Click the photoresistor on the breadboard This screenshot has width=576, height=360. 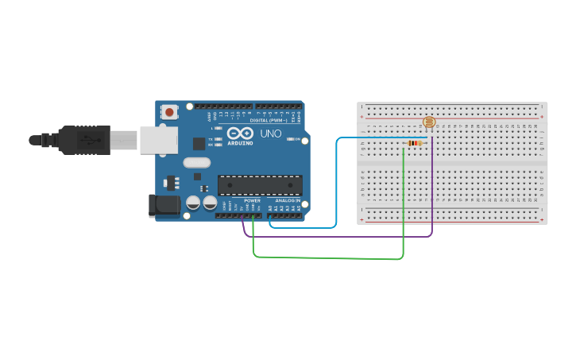tap(429, 122)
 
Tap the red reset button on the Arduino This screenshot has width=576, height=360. tap(169, 112)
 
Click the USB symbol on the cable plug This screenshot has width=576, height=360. tap(87, 141)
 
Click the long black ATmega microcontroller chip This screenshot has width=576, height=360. tap(260, 185)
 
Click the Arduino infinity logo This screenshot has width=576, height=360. tap(240, 134)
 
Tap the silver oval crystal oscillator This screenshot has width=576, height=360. tap(196, 163)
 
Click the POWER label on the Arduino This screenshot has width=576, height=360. tap(252, 201)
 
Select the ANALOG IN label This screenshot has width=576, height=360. tap(287, 201)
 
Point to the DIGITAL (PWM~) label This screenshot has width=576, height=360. tap(269, 120)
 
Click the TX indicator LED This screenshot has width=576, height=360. tap(218, 139)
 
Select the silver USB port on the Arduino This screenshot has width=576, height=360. tap(158, 140)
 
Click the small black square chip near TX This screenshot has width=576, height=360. tap(198, 144)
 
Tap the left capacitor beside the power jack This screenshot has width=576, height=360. tap(193, 203)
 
